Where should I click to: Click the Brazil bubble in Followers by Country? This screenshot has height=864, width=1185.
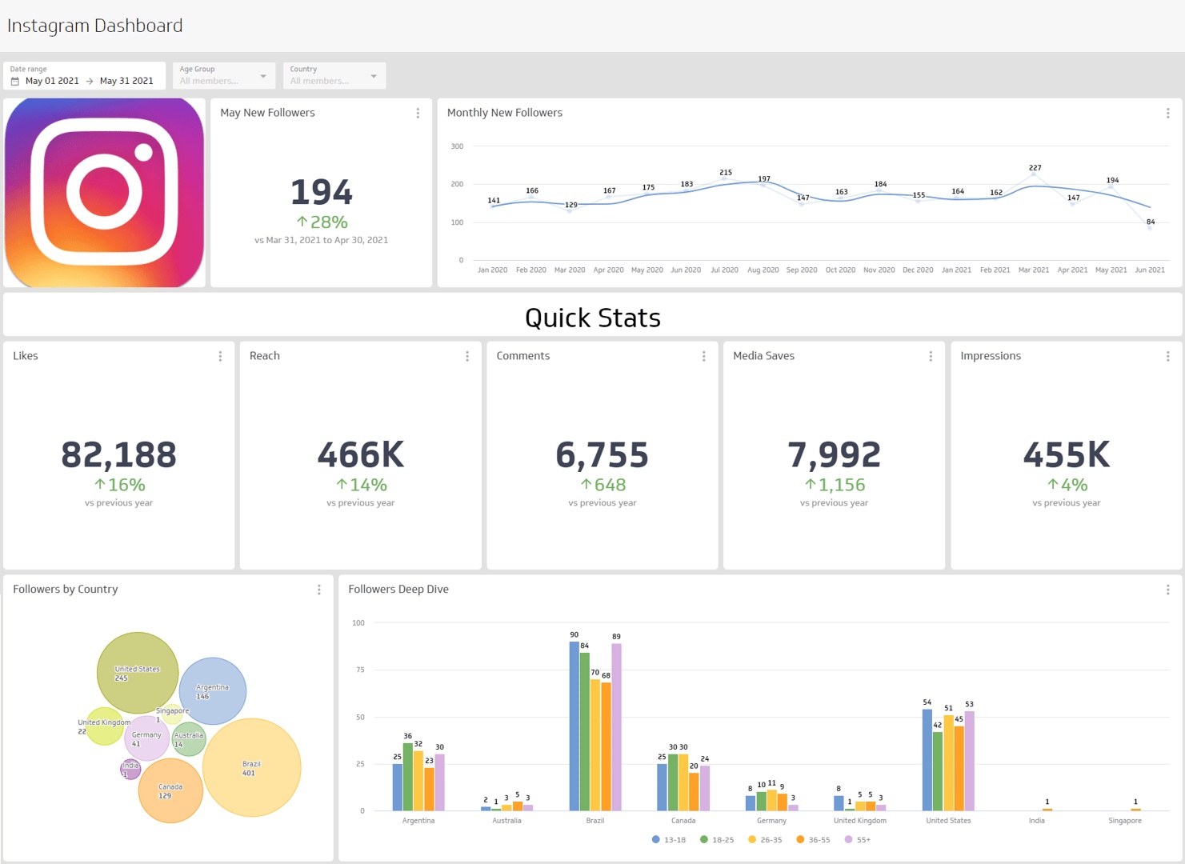click(252, 768)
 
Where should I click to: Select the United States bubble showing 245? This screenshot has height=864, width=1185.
click(137, 673)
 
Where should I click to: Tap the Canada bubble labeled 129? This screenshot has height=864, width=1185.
click(170, 791)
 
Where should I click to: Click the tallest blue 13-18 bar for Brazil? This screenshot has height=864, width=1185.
click(574, 726)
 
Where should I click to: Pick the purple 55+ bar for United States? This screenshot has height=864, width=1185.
click(969, 761)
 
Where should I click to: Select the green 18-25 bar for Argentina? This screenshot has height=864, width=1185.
click(407, 777)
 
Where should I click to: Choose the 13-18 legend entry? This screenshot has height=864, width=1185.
click(669, 840)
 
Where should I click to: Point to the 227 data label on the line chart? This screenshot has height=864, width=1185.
click(1035, 168)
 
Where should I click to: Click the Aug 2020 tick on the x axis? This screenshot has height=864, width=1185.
click(763, 270)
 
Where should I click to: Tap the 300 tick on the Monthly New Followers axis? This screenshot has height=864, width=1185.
click(457, 146)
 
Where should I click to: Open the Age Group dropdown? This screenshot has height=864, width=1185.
click(224, 76)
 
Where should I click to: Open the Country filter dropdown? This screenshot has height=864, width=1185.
click(334, 76)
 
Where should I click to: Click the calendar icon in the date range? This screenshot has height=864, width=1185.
click(15, 81)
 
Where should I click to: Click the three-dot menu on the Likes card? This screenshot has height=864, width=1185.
click(220, 357)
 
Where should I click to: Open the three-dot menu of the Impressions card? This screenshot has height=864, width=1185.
click(1167, 357)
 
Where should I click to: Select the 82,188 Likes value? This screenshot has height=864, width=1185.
click(118, 455)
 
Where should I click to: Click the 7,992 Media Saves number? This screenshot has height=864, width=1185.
click(834, 455)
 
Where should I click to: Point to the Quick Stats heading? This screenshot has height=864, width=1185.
click(592, 318)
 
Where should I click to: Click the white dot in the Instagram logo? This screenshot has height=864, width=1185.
click(144, 152)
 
